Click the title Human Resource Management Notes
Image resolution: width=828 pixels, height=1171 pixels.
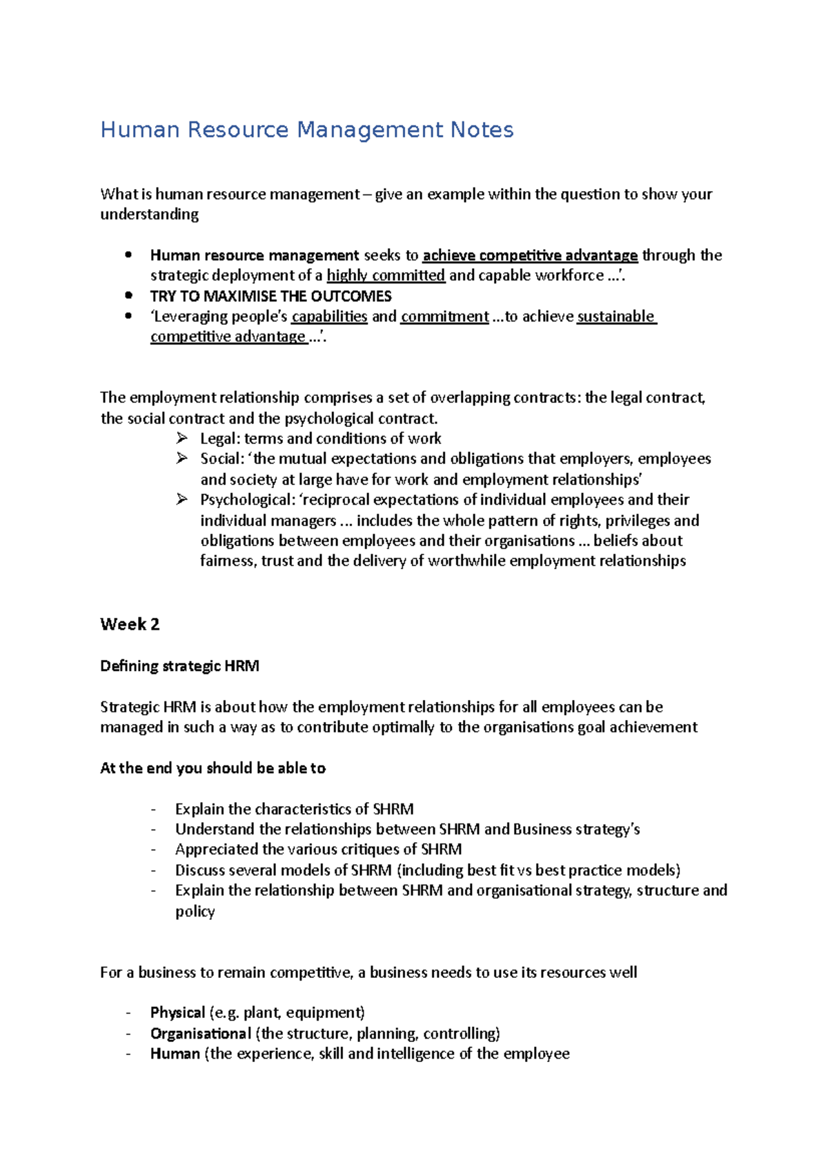tap(307, 130)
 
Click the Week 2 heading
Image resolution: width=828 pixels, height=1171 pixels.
tap(130, 624)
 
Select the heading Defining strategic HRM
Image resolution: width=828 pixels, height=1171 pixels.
tap(179, 665)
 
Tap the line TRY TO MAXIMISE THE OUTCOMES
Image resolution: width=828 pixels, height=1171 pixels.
tap(270, 296)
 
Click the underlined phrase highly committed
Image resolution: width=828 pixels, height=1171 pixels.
tap(386, 275)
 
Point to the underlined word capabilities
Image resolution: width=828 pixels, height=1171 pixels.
tap(329, 316)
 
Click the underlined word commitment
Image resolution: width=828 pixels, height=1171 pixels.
tap(444, 316)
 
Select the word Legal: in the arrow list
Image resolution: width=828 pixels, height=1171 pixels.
tap(219, 439)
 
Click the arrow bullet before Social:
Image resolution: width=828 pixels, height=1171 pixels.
tap(181, 458)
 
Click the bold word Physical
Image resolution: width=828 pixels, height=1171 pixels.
tap(177, 1012)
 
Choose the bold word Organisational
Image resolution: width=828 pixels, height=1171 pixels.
tap(200, 1033)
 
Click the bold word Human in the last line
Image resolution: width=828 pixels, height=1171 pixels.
tap(175, 1053)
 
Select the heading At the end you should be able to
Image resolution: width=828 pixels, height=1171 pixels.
tap(213, 768)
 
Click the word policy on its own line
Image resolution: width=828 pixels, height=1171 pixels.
tap(195, 911)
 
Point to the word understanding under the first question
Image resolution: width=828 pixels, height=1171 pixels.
tap(149, 214)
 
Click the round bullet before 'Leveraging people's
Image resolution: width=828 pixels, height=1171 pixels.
tap(128, 316)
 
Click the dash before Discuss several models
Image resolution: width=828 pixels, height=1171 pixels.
tap(153, 870)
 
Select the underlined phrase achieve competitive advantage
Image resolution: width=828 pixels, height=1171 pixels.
tap(530, 255)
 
